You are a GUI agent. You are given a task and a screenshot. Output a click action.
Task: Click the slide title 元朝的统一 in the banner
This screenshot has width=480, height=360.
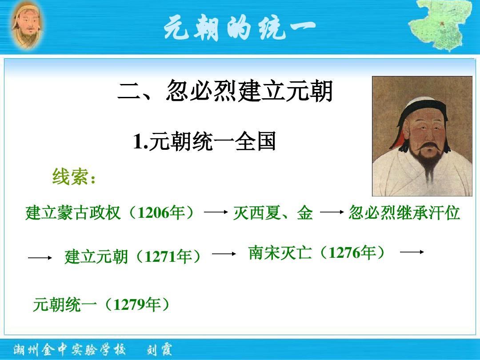coord(240,28)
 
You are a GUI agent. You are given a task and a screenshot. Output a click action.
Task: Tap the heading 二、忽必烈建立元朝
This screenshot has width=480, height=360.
coord(225,91)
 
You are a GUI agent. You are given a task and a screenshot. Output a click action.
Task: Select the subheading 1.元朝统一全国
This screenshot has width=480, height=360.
coord(204,141)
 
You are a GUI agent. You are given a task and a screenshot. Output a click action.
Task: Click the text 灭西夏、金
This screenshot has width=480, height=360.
coord(273,213)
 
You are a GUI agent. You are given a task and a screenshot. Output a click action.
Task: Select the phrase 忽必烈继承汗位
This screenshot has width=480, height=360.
coord(404,212)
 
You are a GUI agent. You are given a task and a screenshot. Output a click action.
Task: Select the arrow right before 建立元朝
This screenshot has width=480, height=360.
coord(40,258)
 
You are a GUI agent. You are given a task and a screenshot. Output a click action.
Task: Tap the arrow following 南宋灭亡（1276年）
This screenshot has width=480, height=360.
coord(412,252)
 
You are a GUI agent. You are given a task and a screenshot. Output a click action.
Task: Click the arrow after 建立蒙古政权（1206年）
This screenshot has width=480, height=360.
coord(216,212)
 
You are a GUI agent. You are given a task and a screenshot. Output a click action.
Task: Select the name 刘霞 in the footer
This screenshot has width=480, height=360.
coord(159,350)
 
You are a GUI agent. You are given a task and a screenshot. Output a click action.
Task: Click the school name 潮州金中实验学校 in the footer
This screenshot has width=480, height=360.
coord(69,350)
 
